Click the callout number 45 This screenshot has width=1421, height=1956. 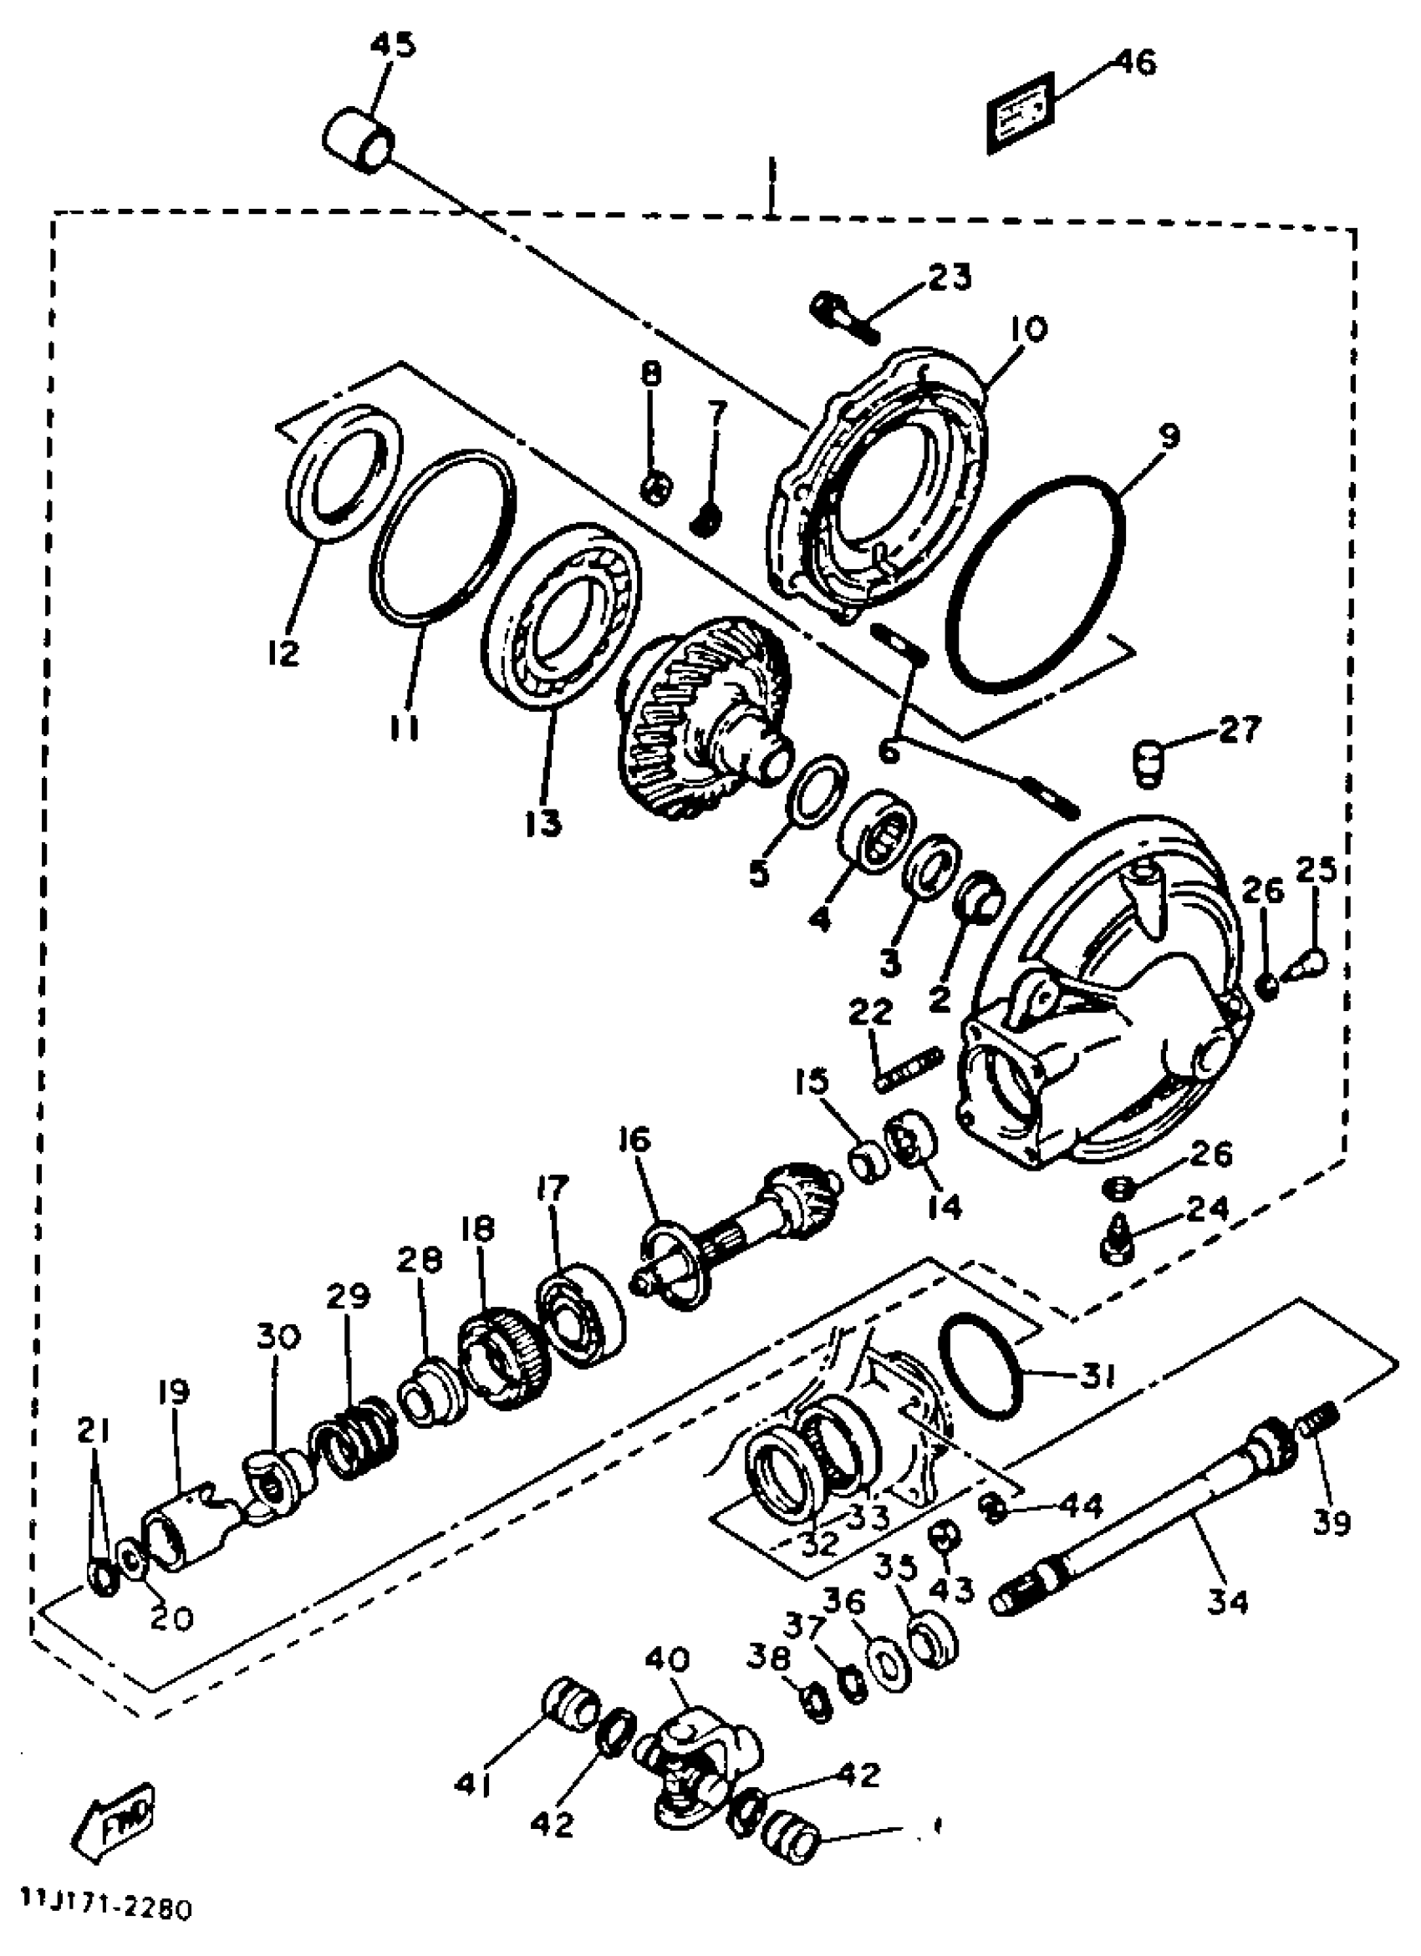click(393, 44)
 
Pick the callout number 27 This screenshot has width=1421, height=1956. click(1240, 729)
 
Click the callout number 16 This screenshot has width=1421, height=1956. click(634, 1141)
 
